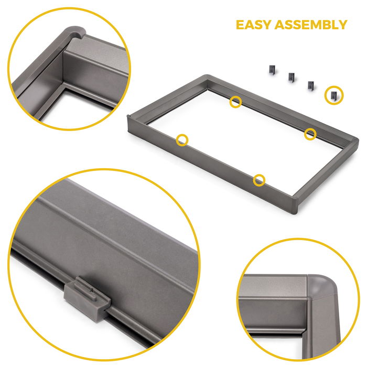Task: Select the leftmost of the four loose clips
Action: [272, 69]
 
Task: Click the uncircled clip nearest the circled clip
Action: [310, 84]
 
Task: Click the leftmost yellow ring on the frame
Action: [182, 139]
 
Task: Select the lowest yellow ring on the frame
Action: [259, 180]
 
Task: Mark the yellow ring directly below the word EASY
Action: [236, 102]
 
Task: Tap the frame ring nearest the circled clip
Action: [310, 134]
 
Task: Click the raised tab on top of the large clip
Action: [87, 286]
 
